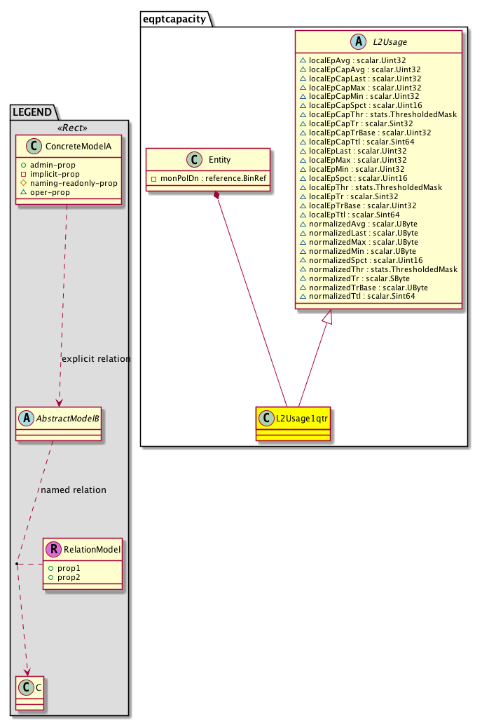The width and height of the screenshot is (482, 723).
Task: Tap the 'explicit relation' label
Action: click(x=95, y=359)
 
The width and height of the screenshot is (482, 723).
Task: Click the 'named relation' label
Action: click(x=73, y=490)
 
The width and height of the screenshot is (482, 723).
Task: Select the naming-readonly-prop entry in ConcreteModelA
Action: click(x=74, y=183)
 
